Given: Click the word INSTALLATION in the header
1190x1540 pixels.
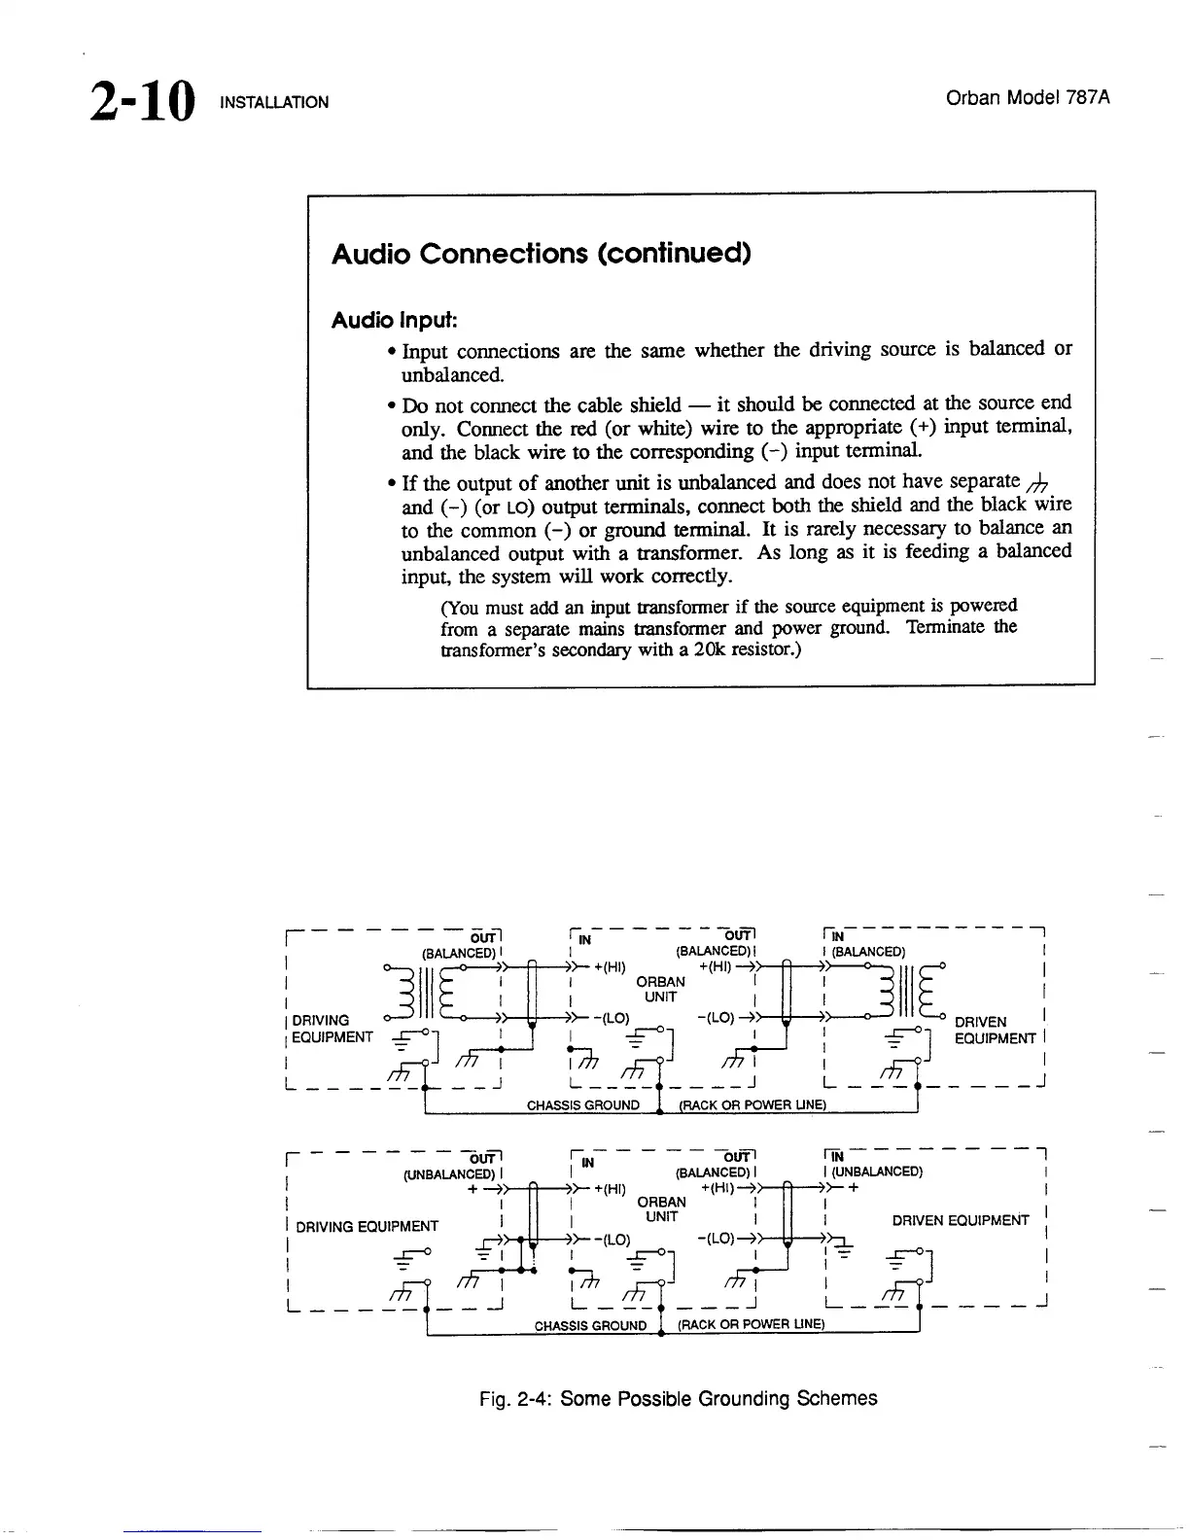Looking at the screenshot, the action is tap(275, 102).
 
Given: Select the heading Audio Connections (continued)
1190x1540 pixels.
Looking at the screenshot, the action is tap(542, 254).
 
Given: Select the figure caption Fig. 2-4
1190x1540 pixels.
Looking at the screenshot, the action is tap(678, 1399).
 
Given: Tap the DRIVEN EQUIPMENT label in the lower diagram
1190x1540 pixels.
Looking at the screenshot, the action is tap(960, 1220).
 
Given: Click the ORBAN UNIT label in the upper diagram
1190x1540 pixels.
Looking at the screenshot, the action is tap(659, 989).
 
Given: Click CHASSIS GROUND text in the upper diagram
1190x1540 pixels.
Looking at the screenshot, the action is tap(582, 1104).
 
